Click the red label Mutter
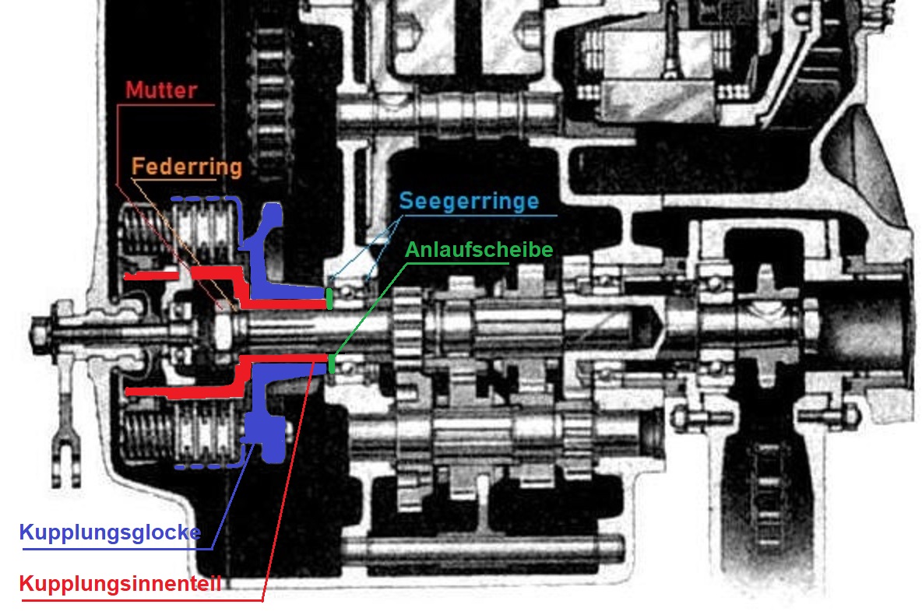click(x=161, y=90)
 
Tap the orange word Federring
click(x=187, y=167)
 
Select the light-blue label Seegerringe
click(x=470, y=201)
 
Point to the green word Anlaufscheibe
click(x=479, y=249)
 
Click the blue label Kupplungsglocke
click(x=110, y=532)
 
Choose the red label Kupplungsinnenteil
click(x=121, y=583)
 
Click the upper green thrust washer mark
click(x=329, y=298)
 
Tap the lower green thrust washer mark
click(x=333, y=363)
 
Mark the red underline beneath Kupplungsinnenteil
click(x=142, y=600)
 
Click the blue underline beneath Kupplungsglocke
click(x=118, y=549)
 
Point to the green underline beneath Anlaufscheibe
click(x=457, y=263)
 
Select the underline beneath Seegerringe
click(x=479, y=215)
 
